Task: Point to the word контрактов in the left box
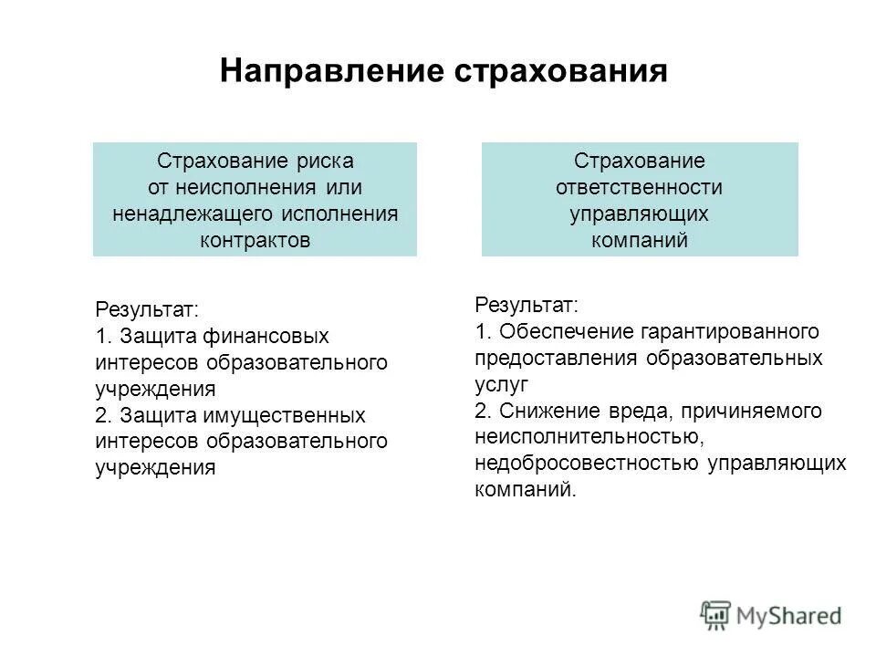pos(255,241)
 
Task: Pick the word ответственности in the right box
pos(639,188)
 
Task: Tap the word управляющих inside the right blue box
pos(639,214)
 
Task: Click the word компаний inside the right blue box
pos(639,241)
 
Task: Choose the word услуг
pos(501,383)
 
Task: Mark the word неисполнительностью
pos(587,437)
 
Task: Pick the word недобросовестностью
pos(588,464)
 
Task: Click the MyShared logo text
pos(789,615)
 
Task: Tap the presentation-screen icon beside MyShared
pos(716,615)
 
